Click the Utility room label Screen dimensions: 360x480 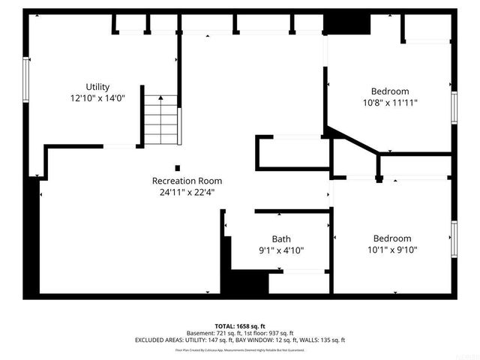coord(97,86)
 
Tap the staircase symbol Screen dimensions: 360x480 coord(161,119)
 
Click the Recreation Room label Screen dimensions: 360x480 coord(187,181)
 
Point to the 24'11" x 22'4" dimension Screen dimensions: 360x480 coord(187,192)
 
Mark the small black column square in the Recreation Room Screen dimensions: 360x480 coord(178,167)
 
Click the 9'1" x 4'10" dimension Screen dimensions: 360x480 coord(281,250)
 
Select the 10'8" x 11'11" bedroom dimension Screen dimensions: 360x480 coord(390,103)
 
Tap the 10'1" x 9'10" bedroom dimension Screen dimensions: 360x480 coord(391,250)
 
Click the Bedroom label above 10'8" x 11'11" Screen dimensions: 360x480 coord(390,91)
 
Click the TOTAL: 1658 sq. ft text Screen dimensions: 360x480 coord(240,325)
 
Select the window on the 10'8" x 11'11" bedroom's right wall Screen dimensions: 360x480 coord(453,107)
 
